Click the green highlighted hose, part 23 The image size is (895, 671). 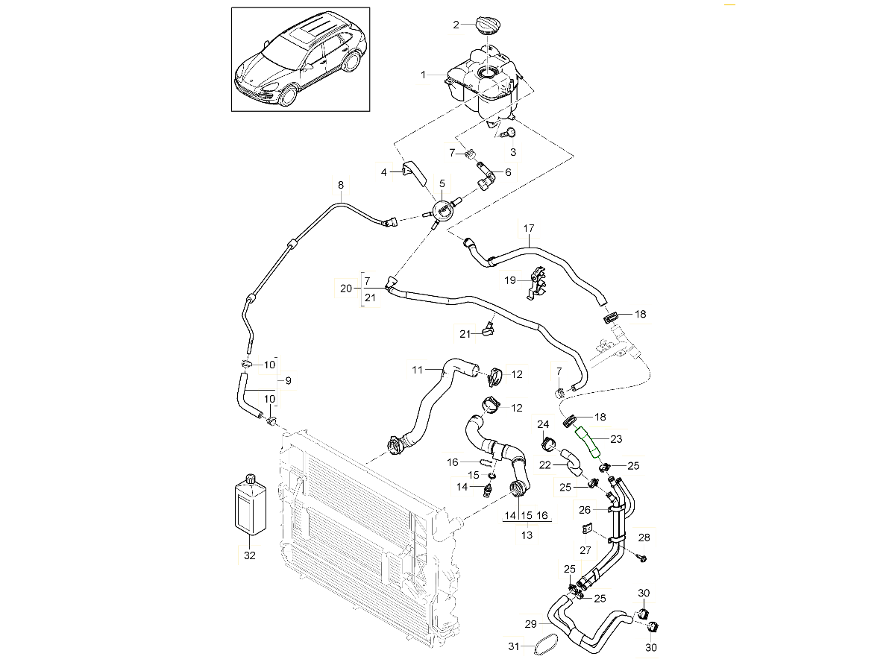589,439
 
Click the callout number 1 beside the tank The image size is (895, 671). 423,75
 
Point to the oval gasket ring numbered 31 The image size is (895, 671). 547,646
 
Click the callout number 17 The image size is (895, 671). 529,228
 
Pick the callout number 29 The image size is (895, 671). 531,624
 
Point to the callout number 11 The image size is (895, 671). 418,368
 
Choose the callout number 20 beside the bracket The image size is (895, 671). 345,289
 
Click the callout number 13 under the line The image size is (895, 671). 527,534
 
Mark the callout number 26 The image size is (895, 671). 585,510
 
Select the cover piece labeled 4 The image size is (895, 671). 415,172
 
